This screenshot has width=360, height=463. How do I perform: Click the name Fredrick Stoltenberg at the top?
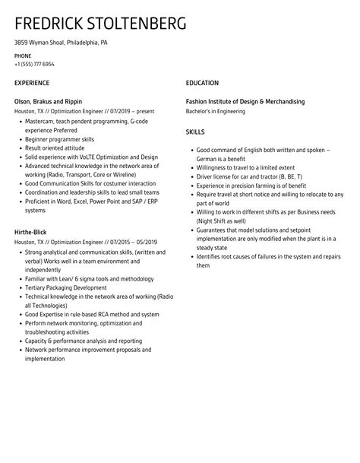99,24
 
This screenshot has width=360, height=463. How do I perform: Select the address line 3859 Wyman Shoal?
61,43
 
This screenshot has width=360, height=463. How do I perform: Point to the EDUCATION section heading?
202,83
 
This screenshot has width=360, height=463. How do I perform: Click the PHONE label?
23,57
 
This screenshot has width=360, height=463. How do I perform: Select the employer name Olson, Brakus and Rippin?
49,101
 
